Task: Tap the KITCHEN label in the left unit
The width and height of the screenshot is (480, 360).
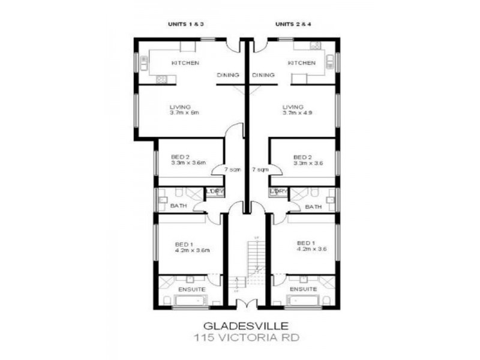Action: [x=185, y=63]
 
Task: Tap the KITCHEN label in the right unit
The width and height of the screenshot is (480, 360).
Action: [x=301, y=63]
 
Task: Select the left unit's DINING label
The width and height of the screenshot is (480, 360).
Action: [x=228, y=75]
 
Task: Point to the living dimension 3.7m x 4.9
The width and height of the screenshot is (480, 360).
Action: [x=298, y=112]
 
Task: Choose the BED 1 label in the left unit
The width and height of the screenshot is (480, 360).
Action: [x=184, y=244]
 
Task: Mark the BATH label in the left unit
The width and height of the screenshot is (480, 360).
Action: [x=178, y=206]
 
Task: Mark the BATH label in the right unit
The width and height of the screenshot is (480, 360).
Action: [x=313, y=206]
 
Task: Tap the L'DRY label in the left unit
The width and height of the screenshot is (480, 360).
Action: [x=215, y=191]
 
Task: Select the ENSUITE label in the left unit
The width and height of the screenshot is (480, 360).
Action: [x=193, y=290]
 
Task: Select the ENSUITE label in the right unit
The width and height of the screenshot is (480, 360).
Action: [x=303, y=290]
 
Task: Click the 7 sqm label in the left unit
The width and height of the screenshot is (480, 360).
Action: [x=233, y=170]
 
